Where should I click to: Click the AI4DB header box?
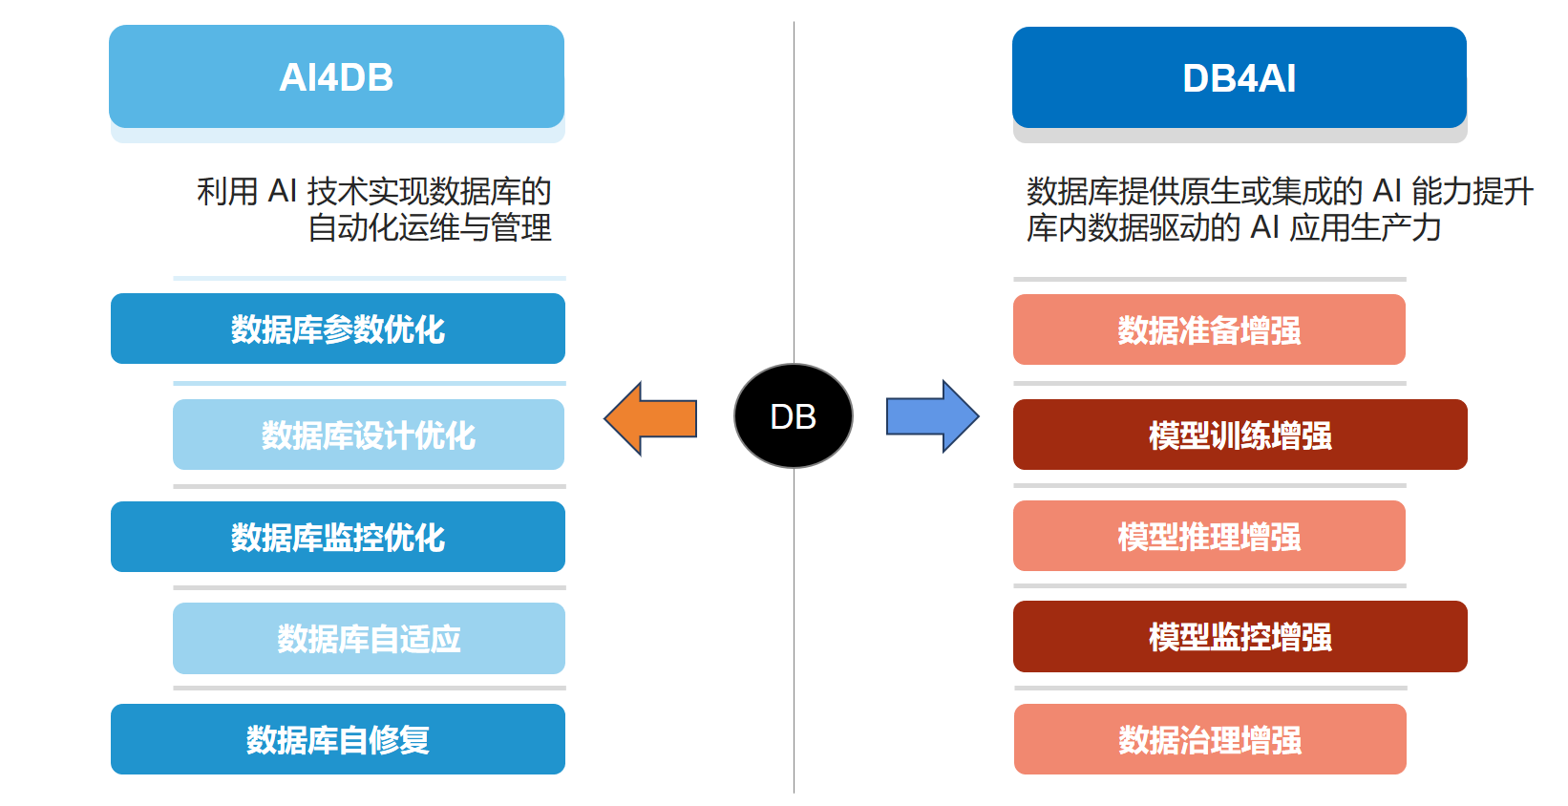pos(337,76)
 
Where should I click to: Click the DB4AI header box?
pos(1239,77)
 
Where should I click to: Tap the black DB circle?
pos(794,416)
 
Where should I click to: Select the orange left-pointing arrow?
pos(650,418)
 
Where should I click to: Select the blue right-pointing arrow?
pos(932,416)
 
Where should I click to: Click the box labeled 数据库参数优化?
pos(338,329)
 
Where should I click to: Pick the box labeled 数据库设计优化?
pos(369,435)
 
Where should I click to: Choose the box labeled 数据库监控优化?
pos(338,537)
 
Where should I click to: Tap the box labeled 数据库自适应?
pos(369,638)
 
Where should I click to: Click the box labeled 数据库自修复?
pos(338,739)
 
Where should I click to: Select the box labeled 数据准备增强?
pos(1209,329)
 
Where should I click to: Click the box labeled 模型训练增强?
pos(1240,435)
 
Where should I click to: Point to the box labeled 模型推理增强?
pos(1209,536)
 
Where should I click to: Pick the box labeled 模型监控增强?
pos(1240,637)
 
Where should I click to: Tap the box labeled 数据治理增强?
pos(1210,739)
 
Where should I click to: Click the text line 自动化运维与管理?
pos(430,227)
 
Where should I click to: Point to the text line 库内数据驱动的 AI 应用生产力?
pos(1234,227)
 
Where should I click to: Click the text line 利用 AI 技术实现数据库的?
pos(373,191)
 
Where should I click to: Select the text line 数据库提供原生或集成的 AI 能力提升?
pos(1280,191)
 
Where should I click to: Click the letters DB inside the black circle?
pos(794,416)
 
